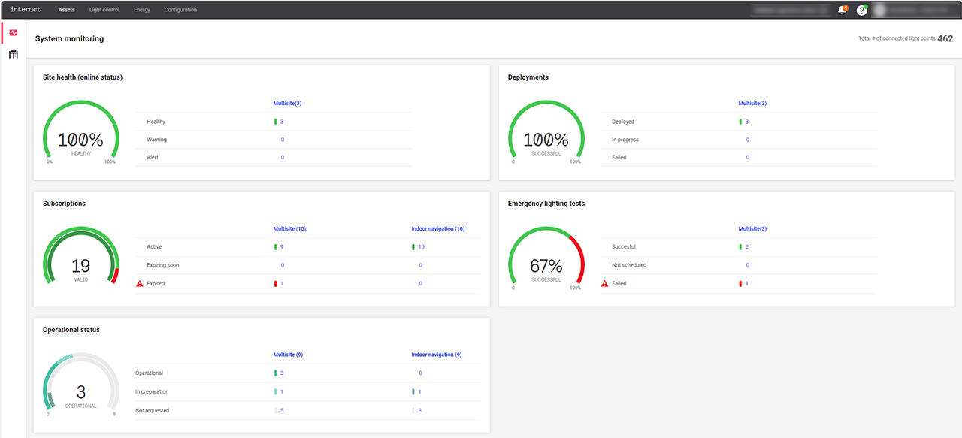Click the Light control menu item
point(104,10)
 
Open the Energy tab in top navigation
point(142,10)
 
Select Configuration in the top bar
point(180,10)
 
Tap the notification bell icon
point(842,10)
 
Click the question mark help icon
point(862,11)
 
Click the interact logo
point(25,10)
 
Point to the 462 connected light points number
point(945,38)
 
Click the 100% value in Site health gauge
point(80,140)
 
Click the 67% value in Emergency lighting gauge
point(546,266)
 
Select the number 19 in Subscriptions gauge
point(80,266)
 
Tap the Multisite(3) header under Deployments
point(752,103)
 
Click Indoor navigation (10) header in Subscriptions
point(437,228)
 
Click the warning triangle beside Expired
point(139,283)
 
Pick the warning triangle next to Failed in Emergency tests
point(604,283)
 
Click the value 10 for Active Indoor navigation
point(421,246)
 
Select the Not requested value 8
point(419,410)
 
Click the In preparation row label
point(152,391)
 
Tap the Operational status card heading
point(71,330)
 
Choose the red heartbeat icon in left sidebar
point(13,32)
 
